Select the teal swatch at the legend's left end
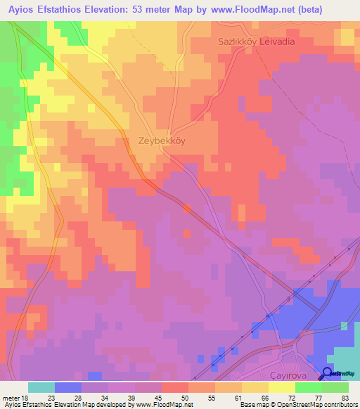(41, 387)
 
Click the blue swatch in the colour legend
(67, 387)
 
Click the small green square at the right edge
(344, 326)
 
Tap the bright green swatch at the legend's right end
(335, 387)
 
